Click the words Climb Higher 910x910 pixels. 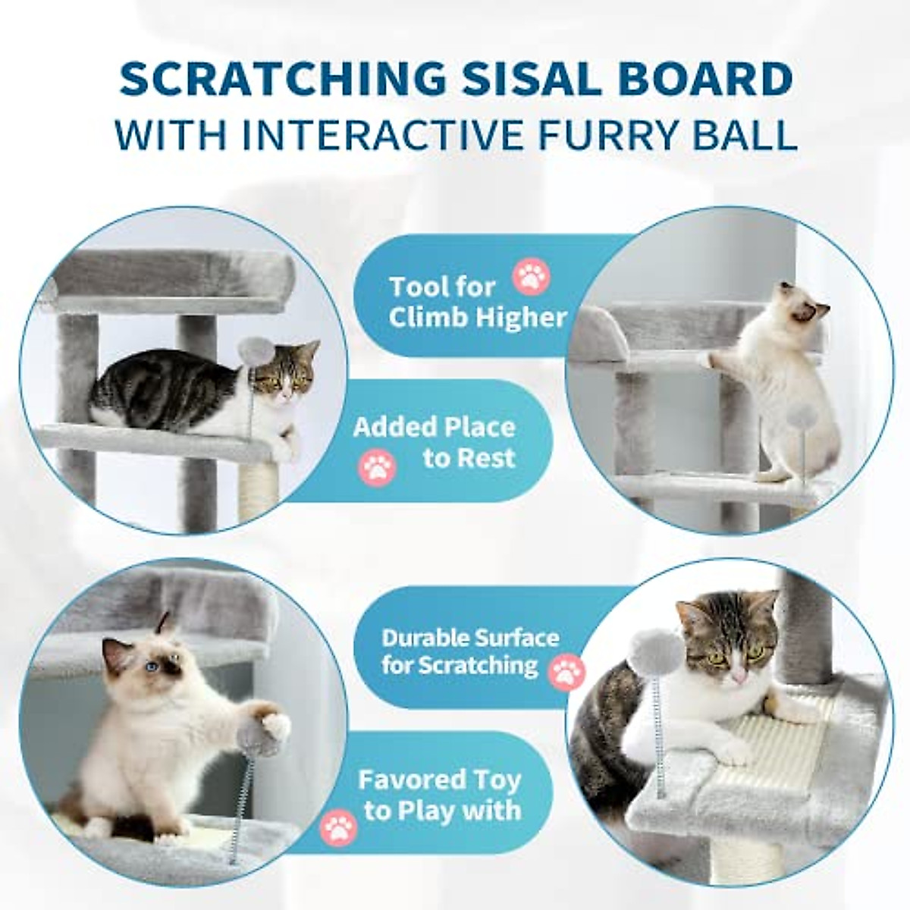tap(478, 317)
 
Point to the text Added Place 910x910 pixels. tap(434, 427)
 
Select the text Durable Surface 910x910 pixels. tap(470, 637)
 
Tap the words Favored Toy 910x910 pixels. tap(439, 780)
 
